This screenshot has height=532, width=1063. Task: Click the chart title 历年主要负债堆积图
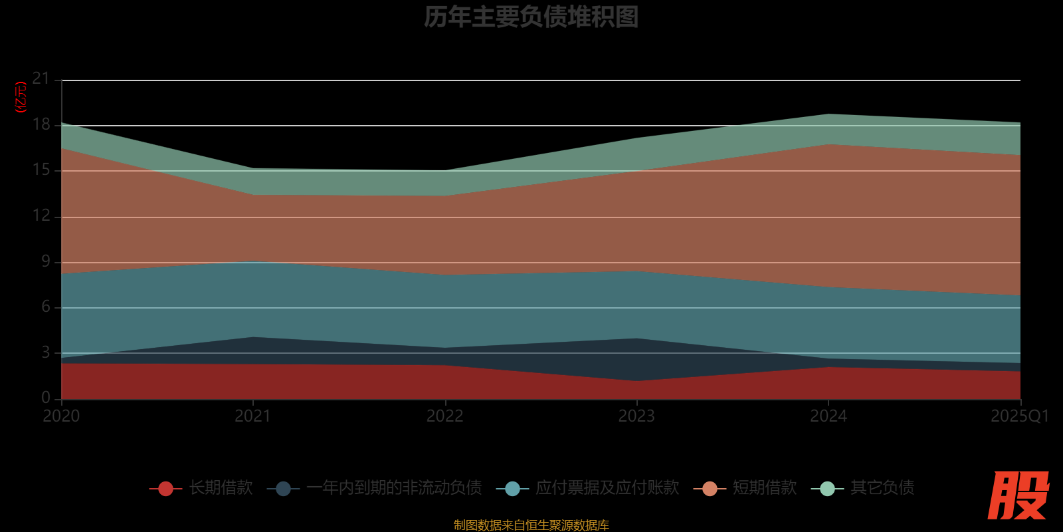click(531, 17)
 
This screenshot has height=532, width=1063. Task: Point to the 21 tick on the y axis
click(41, 79)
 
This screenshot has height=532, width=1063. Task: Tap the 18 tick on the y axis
click(41, 124)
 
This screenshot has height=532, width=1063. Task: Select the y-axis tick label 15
click(41, 170)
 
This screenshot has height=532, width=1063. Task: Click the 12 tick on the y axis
click(41, 215)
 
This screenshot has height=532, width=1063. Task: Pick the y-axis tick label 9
click(46, 261)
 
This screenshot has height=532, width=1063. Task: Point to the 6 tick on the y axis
click(46, 307)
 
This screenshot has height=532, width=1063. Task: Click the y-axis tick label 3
click(46, 352)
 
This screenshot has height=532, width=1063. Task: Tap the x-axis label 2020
click(61, 416)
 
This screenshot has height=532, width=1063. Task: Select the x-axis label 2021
click(253, 416)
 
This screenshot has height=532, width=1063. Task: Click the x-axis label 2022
click(445, 416)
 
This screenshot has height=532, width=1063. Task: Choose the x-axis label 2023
click(636, 416)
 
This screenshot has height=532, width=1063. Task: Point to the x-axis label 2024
click(828, 416)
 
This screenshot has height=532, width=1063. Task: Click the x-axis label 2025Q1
click(1019, 416)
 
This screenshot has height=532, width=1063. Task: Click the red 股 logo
click(1018, 495)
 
